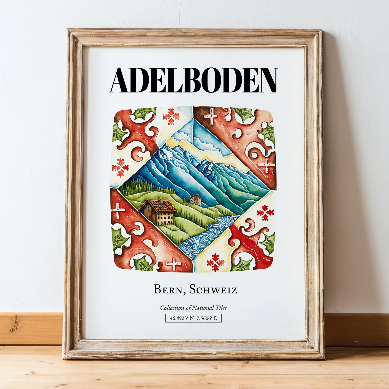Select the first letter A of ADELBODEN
click(x=120, y=80)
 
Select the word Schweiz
click(x=213, y=290)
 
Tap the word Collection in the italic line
click(x=172, y=308)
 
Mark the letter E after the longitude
click(x=215, y=318)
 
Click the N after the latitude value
click(x=192, y=318)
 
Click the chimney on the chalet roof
click(x=160, y=200)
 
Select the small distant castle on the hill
click(x=195, y=199)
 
